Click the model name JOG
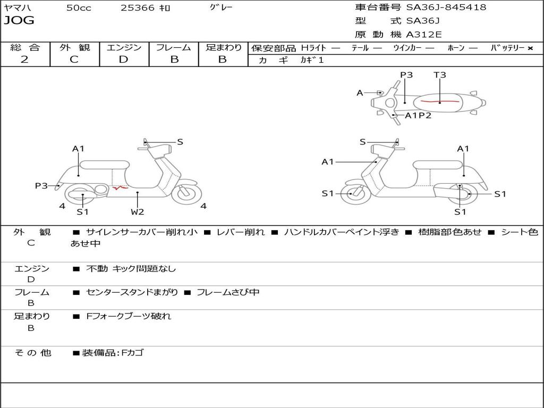pyautogui.click(x=19, y=21)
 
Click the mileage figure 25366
pyautogui.click(x=138, y=8)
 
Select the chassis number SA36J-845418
pyautogui.click(x=446, y=7)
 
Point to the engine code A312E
pyautogui.click(x=424, y=35)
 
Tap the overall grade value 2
pyautogui.click(x=24, y=59)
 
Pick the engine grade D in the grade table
pyautogui.click(x=123, y=59)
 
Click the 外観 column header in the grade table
pyautogui.click(x=74, y=48)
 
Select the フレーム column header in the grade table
pyautogui.click(x=173, y=48)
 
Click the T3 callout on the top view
pyautogui.click(x=439, y=75)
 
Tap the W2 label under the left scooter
pyautogui.click(x=138, y=212)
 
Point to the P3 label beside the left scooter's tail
pyautogui.click(x=41, y=186)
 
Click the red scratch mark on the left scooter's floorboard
pyautogui.click(x=120, y=187)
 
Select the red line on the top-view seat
pyautogui.click(x=439, y=100)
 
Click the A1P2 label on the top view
pyautogui.click(x=418, y=115)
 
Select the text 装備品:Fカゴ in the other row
pyautogui.click(x=113, y=353)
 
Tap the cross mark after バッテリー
pyautogui.click(x=530, y=48)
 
